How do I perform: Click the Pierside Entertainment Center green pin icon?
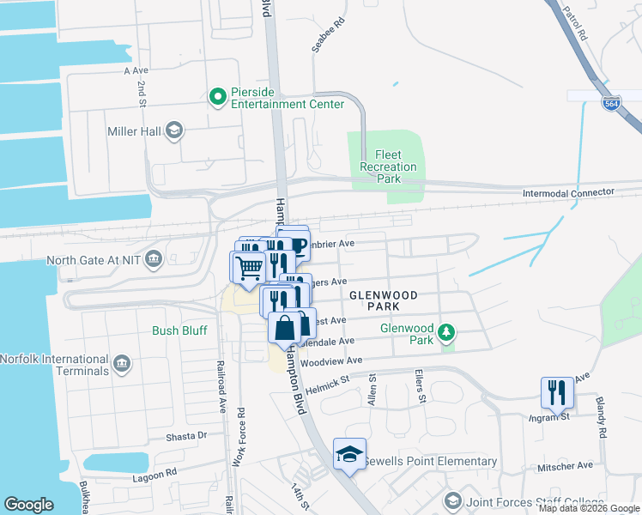(217, 96)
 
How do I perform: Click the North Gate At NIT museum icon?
(154, 259)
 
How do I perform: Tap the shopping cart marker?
(249, 267)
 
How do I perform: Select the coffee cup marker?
(296, 246)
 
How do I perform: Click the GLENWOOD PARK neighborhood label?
(384, 300)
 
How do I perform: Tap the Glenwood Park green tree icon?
(445, 331)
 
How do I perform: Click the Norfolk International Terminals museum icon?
(121, 364)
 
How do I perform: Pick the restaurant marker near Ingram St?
(557, 393)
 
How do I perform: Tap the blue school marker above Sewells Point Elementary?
(349, 454)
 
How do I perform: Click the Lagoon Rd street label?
(154, 473)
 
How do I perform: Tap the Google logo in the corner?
(28, 504)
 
